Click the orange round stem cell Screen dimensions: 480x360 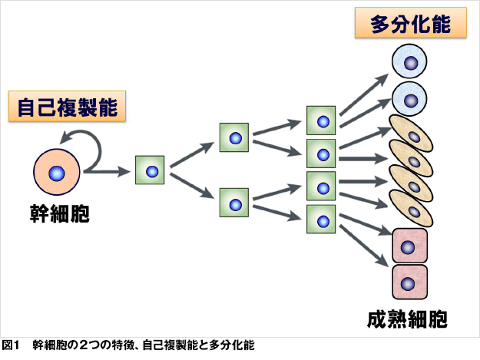tap(57, 172)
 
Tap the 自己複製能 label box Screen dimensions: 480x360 tap(67, 107)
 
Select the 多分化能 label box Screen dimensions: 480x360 tap(411, 23)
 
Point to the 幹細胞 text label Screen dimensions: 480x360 tap(59, 214)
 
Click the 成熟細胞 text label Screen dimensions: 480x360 tap(407, 319)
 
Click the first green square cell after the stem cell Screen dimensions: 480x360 tap(150, 170)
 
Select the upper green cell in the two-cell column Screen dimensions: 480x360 tap(234, 137)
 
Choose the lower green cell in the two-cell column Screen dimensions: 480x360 tap(234, 203)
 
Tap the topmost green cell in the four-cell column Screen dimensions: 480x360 tap(321, 121)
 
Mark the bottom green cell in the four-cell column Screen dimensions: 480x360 tap(321, 220)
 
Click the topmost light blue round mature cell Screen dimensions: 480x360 tap(409, 61)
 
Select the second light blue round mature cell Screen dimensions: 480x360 tap(409, 99)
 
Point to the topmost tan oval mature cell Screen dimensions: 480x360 tap(411, 134)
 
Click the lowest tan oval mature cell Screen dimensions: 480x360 tap(411, 209)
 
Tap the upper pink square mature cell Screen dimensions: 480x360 tap(410, 246)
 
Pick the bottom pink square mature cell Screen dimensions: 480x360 tap(410, 282)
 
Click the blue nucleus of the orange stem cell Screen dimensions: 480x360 tap(57, 173)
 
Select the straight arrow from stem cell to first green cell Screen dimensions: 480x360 tap(108, 172)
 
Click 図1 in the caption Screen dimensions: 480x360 tap(11, 345)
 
